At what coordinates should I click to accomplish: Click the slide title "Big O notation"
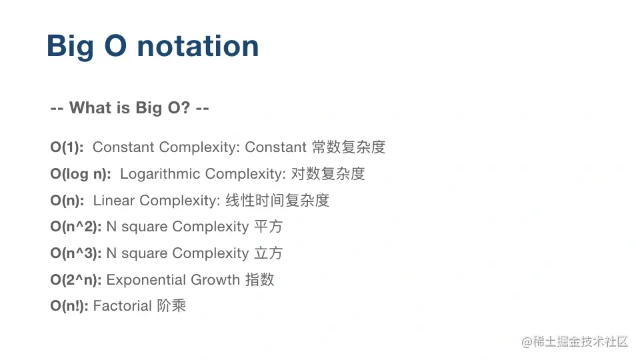(x=153, y=47)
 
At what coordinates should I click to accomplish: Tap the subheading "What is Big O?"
(x=130, y=108)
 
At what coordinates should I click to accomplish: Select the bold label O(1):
(x=67, y=147)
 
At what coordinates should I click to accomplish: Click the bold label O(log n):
(x=81, y=174)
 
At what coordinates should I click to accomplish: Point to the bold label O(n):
(x=67, y=201)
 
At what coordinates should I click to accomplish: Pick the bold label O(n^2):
(x=76, y=227)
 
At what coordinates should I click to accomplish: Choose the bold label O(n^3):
(x=76, y=253)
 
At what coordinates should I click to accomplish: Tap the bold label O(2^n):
(x=76, y=280)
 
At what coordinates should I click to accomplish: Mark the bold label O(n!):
(x=69, y=306)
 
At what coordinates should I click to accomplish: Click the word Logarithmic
(x=160, y=174)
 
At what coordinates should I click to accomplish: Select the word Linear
(x=114, y=201)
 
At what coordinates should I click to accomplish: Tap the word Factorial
(x=123, y=306)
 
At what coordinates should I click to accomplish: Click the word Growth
(x=214, y=280)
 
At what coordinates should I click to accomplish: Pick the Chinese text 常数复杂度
(x=349, y=147)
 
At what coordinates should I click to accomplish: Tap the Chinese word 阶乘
(x=171, y=306)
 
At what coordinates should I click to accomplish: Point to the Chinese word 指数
(x=259, y=280)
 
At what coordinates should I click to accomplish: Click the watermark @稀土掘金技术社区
(x=575, y=341)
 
